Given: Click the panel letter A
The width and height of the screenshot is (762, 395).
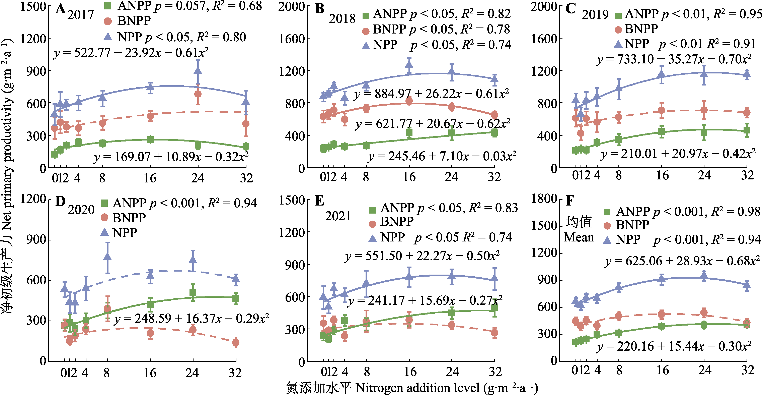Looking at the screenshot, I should tap(61, 9).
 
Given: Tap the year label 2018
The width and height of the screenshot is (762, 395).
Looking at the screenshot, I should tap(342, 19).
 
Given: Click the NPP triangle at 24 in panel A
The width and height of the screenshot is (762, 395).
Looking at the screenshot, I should tap(198, 70).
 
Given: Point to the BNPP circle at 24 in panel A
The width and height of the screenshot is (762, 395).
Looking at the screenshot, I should tap(198, 94).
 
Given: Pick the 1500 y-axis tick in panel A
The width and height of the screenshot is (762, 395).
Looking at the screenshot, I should tap(33, 6).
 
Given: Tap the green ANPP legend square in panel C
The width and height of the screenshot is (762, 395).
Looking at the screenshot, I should tap(618, 16).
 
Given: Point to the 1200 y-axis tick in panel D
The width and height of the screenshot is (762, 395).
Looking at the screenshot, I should tap(33, 199).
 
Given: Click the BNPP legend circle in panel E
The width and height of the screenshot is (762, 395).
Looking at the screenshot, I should tap(372, 224).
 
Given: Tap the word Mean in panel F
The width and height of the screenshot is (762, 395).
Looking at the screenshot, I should tap(579, 237).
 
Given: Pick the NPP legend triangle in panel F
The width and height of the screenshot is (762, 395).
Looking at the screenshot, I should tap(607, 240).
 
